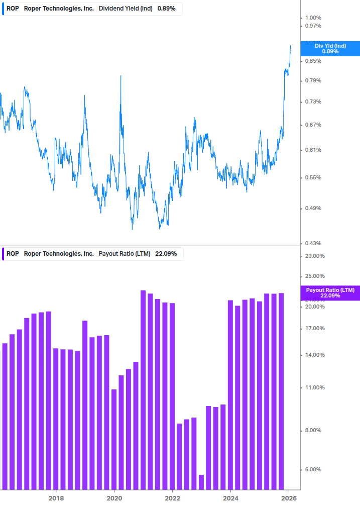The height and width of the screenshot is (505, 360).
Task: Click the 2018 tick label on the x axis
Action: pos(56,498)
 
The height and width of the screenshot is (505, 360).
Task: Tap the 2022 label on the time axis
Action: pos(172,498)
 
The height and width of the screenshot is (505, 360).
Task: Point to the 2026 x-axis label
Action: pos(289,498)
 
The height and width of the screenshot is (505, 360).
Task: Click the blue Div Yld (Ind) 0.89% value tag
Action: pos(330,48)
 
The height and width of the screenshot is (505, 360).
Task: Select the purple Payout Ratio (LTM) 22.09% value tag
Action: pos(330,293)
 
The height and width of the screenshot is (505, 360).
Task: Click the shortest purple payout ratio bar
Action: pos(201,481)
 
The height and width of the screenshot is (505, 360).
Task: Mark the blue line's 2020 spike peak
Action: pos(121,76)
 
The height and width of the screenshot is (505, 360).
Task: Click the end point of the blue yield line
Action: pos(291,46)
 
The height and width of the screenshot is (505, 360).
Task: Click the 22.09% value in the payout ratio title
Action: pos(166,254)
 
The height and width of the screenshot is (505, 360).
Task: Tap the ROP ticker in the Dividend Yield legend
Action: pos(13,9)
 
